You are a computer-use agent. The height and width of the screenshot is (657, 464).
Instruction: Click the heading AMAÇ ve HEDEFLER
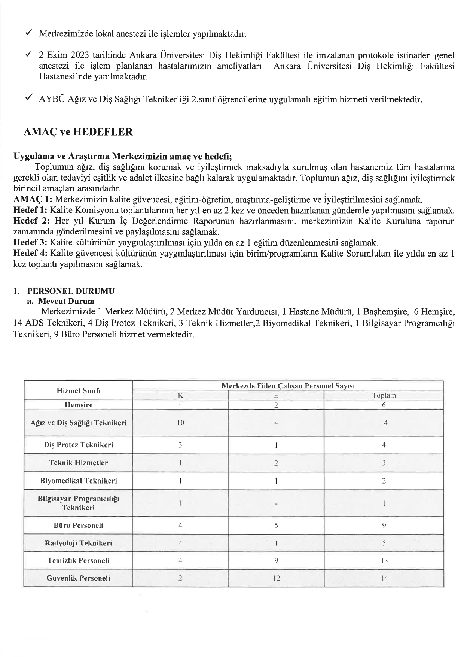click(x=78, y=132)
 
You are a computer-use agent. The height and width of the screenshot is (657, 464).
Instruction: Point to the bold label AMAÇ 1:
click(x=33, y=199)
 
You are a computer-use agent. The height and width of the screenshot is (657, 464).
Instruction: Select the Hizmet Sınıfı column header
click(x=78, y=391)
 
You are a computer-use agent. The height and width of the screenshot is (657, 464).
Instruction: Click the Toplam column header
click(x=384, y=396)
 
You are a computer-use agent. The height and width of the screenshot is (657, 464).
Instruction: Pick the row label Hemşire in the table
click(x=78, y=405)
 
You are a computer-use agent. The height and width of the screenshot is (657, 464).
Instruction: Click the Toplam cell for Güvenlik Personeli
click(x=384, y=578)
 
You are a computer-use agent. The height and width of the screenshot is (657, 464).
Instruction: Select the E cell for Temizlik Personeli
click(x=276, y=561)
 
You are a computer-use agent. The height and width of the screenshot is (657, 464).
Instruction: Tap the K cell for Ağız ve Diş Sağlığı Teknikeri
click(x=180, y=423)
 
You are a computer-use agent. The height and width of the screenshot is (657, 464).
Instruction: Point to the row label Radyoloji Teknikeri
click(x=78, y=543)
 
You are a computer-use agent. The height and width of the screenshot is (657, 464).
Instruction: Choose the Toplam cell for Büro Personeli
click(x=384, y=525)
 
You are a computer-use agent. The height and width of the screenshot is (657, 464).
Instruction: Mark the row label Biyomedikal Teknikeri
click(x=78, y=481)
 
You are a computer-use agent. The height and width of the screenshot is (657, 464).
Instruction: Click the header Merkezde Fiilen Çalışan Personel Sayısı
click(x=288, y=385)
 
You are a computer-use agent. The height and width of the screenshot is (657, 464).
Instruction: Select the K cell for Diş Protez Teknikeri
click(x=180, y=445)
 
